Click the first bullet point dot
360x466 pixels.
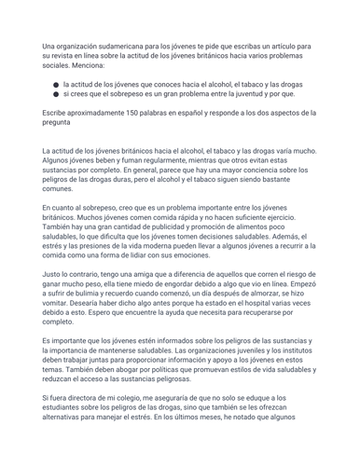[56, 84]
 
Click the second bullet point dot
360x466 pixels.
[56, 94]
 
